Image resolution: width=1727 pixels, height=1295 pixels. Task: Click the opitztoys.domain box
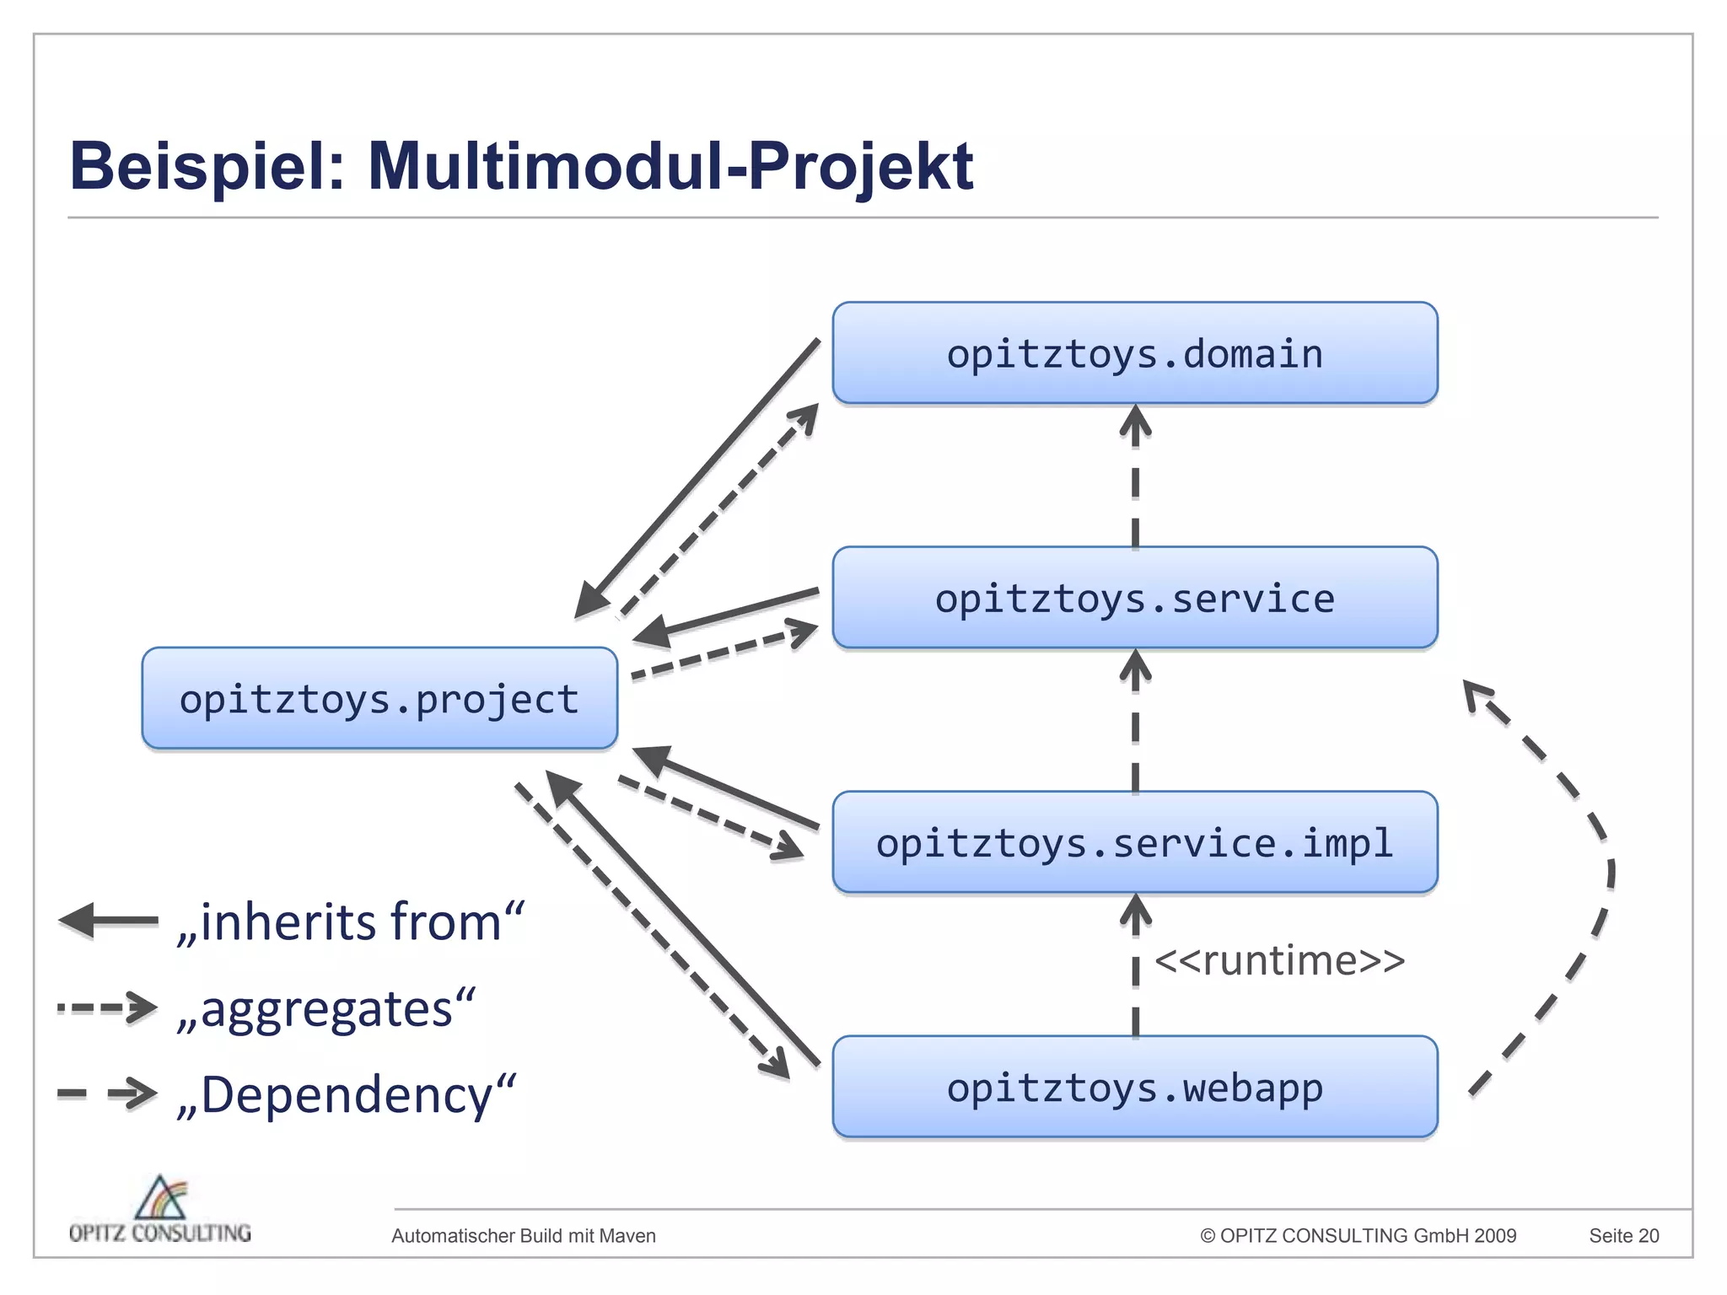click(x=1134, y=353)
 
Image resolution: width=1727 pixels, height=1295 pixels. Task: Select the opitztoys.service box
click(x=1134, y=598)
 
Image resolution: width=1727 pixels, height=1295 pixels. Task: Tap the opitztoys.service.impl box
click(x=1134, y=842)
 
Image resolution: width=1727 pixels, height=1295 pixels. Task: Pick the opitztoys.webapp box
click(x=1134, y=1087)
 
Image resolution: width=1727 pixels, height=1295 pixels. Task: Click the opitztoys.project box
click(x=379, y=699)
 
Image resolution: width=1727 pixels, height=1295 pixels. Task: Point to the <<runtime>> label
click(x=1279, y=960)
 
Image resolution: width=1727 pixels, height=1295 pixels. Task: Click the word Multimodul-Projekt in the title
click(x=670, y=166)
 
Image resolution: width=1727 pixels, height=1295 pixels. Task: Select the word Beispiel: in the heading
click(x=207, y=166)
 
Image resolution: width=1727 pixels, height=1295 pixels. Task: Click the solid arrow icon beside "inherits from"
click(x=108, y=921)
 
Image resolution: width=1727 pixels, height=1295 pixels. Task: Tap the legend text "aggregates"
click(x=325, y=1009)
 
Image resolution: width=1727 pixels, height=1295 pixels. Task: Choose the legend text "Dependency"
click(x=346, y=1094)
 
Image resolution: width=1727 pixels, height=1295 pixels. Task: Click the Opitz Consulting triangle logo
click(x=161, y=1198)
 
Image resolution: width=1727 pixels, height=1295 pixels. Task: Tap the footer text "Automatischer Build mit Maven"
click(x=524, y=1236)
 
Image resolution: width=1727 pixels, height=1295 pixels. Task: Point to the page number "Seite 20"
click(x=1623, y=1236)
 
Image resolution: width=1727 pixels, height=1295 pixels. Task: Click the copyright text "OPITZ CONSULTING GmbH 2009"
click(x=1358, y=1236)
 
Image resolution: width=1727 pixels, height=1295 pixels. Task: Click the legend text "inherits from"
click(x=350, y=922)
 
